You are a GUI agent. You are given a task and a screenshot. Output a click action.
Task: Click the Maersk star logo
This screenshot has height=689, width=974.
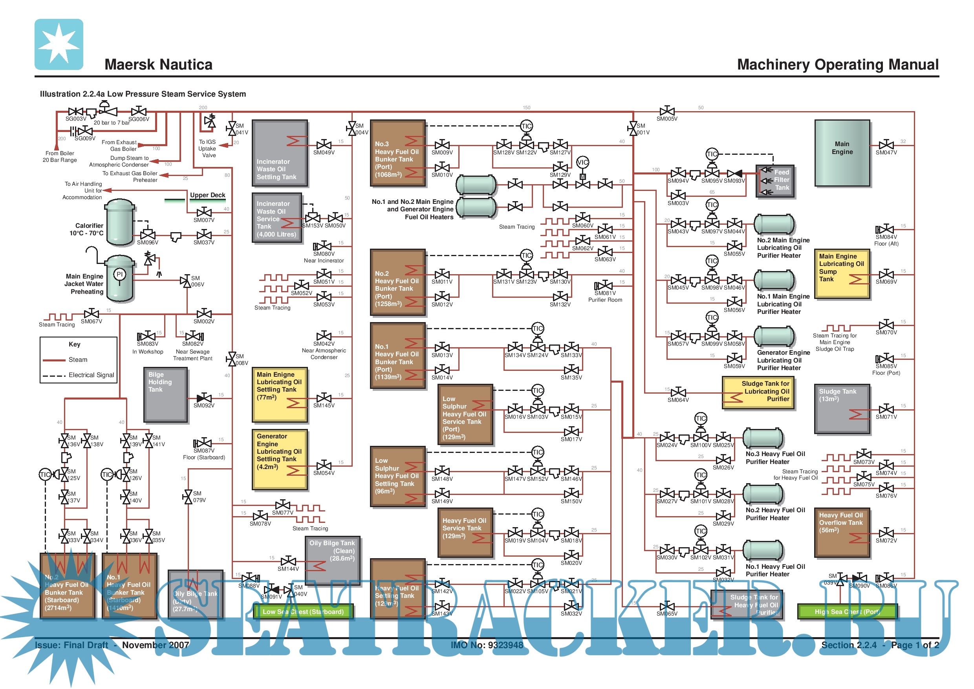point(59,44)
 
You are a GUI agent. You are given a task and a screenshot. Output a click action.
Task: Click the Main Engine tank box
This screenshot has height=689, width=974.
point(842,153)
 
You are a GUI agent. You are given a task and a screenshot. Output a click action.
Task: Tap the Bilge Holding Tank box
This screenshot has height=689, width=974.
point(165,394)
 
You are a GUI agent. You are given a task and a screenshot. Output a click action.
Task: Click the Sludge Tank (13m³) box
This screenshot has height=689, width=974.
point(842,409)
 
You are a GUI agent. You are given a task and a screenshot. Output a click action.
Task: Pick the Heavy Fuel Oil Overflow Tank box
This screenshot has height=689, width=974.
point(842,532)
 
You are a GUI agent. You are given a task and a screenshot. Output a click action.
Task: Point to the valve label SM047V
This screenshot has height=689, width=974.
point(886,153)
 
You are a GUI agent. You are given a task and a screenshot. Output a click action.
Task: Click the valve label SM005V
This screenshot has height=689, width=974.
point(667,119)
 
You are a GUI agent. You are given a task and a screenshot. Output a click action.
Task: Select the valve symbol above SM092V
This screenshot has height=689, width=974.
point(204,398)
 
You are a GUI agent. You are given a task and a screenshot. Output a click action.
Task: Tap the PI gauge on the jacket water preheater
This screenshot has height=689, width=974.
point(120,275)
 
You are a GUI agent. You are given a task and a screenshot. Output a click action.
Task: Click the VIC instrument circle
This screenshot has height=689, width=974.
point(582,162)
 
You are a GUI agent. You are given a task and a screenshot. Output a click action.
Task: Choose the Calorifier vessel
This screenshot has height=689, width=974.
point(120,222)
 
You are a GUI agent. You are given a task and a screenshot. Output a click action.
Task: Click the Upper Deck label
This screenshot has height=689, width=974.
point(207,195)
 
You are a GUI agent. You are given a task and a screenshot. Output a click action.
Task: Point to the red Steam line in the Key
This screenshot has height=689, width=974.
point(54,360)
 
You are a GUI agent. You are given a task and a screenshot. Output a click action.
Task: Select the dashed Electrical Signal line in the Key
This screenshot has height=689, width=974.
point(54,376)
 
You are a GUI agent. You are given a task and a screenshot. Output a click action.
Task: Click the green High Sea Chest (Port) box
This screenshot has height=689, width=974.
point(847,612)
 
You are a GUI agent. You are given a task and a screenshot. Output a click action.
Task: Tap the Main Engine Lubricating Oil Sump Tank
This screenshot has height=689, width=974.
point(842,274)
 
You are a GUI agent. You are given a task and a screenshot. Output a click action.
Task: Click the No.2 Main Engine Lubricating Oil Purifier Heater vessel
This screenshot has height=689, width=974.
point(774,224)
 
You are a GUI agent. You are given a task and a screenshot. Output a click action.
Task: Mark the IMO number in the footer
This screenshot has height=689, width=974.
point(487,645)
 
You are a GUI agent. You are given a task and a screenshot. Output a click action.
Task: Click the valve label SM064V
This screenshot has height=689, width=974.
point(678,400)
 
